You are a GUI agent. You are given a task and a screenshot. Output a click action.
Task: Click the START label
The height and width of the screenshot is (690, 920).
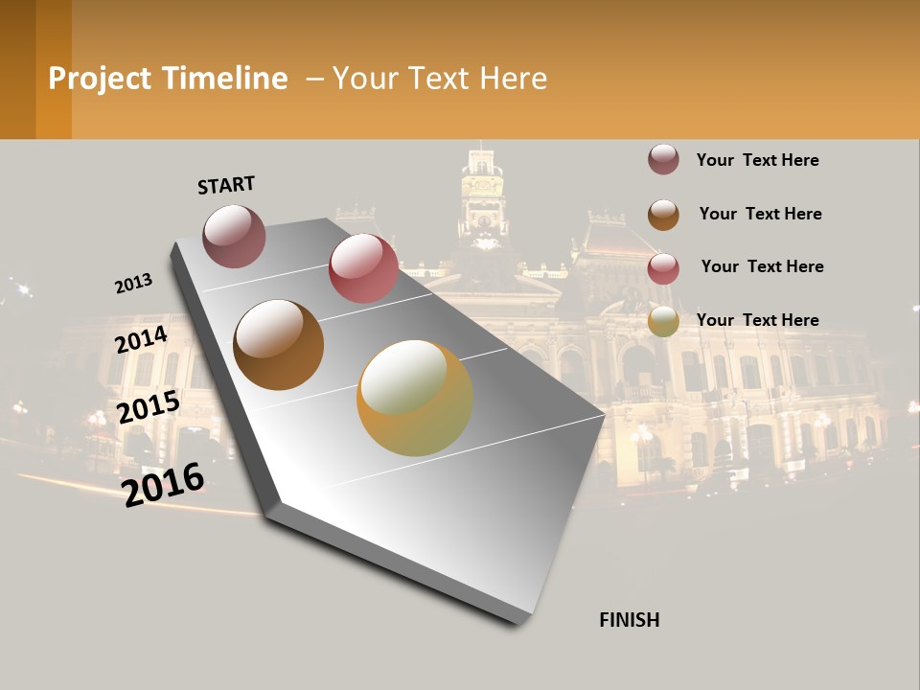pyautogui.click(x=226, y=185)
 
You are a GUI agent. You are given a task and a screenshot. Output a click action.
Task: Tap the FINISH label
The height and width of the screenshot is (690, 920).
pyautogui.click(x=629, y=620)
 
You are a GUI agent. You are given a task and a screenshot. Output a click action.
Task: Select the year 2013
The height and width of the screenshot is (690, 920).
pyautogui.click(x=133, y=284)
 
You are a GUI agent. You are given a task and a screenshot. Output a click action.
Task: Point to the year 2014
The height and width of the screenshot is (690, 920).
pyautogui.click(x=142, y=340)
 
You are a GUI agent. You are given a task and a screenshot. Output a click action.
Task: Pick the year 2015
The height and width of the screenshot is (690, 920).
pyautogui.click(x=149, y=407)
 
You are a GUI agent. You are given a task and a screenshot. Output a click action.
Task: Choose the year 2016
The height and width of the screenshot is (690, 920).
pyautogui.click(x=164, y=483)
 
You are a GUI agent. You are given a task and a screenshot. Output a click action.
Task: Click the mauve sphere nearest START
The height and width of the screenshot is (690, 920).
pyautogui.click(x=234, y=236)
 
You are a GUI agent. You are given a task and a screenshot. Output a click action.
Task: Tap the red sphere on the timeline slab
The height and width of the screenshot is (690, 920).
pyautogui.click(x=363, y=267)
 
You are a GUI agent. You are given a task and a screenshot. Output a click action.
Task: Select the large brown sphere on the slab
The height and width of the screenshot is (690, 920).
pyautogui.click(x=278, y=345)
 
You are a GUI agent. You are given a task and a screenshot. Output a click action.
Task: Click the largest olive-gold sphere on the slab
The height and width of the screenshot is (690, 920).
pyautogui.click(x=415, y=398)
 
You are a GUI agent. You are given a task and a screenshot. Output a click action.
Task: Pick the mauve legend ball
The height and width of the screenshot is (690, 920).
pyautogui.click(x=663, y=160)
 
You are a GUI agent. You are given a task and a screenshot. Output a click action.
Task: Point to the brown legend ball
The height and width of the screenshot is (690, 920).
pyautogui.click(x=663, y=215)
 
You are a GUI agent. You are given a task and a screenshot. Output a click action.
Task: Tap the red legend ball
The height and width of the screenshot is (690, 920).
pyautogui.click(x=663, y=268)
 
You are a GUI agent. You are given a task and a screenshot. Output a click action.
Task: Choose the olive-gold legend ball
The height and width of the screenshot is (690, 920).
pyautogui.click(x=663, y=322)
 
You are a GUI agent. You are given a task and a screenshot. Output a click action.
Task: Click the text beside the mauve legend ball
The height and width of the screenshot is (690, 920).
pyautogui.click(x=757, y=160)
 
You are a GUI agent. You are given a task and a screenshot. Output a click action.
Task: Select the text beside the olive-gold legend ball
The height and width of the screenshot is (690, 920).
pyautogui.click(x=757, y=320)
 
